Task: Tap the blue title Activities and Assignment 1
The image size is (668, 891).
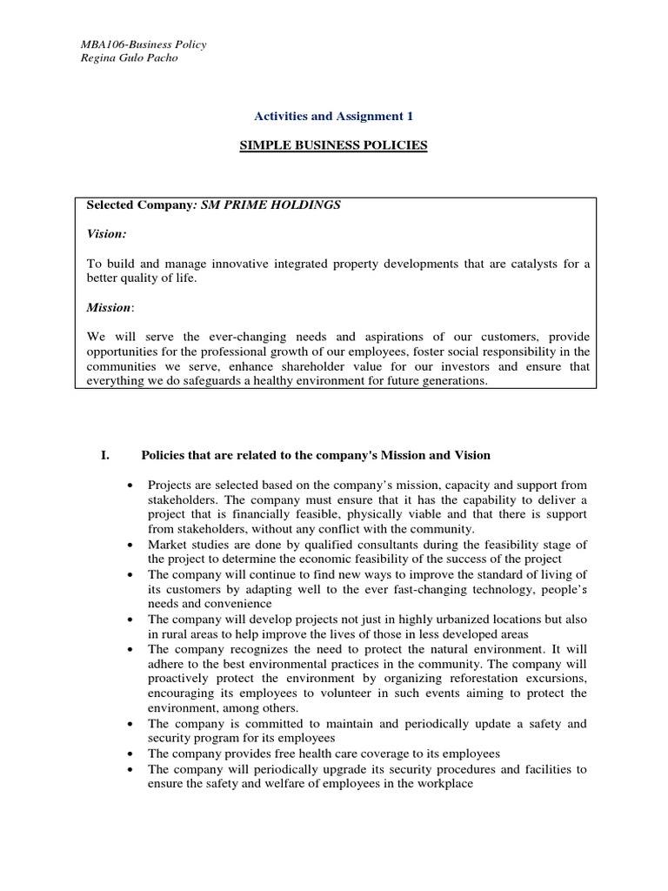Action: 334,116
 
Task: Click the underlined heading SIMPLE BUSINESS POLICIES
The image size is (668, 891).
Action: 334,145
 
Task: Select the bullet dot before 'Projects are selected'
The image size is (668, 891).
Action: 130,485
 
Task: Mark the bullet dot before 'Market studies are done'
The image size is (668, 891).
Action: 130,546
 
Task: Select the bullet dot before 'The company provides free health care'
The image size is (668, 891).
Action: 130,754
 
